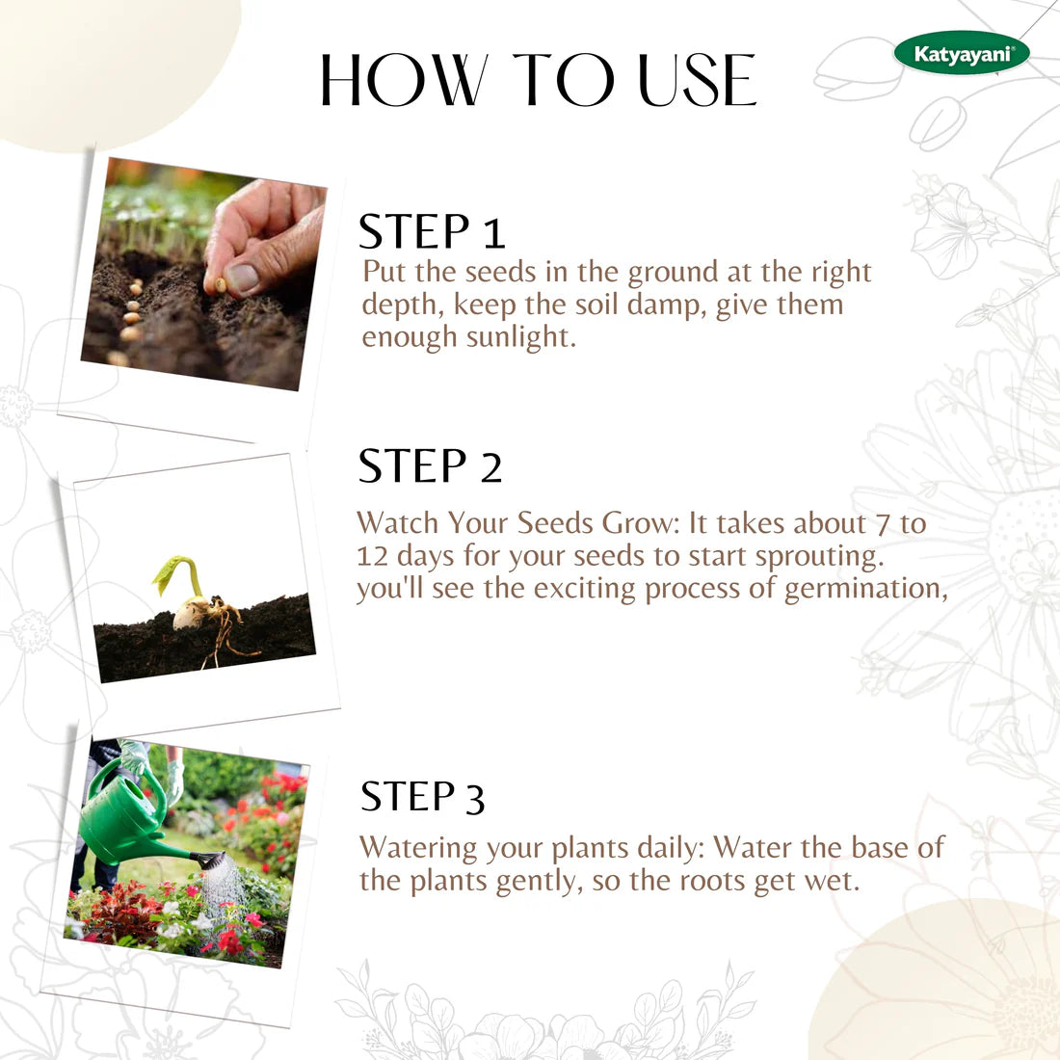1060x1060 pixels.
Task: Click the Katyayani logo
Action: click(961, 54)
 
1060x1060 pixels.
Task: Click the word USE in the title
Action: click(698, 81)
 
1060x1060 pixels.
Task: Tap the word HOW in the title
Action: click(403, 81)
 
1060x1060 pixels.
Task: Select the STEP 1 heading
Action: click(431, 232)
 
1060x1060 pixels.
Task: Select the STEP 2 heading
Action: click(430, 466)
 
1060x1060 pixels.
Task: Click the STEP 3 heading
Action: click(422, 798)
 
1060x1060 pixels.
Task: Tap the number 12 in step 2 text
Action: click(372, 556)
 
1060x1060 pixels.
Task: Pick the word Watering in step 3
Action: click(418, 849)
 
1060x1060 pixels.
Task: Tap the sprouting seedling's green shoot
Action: click(179, 572)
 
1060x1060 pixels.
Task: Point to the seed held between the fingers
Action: click(221, 284)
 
